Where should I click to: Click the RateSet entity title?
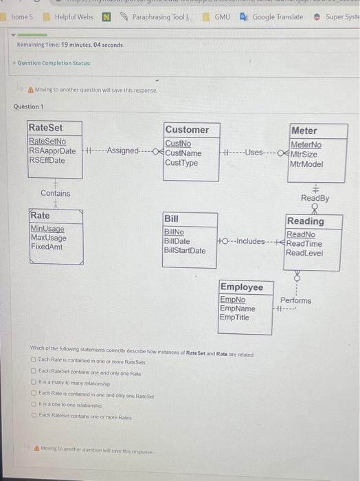(45, 127)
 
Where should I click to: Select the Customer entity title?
(187, 130)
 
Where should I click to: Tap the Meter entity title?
(304, 131)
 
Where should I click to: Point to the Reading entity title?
(306, 221)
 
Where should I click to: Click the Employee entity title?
(241, 287)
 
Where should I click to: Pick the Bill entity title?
(171, 219)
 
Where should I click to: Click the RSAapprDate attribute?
(53, 151)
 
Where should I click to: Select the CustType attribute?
(181, 163)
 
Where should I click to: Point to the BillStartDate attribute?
(185, 250)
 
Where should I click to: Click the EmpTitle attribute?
(235, 317)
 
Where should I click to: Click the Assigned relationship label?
(123, 151)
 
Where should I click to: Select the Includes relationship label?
(250, 241)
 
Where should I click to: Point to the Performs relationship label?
(295, 300)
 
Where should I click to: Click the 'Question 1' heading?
(29, 107)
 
